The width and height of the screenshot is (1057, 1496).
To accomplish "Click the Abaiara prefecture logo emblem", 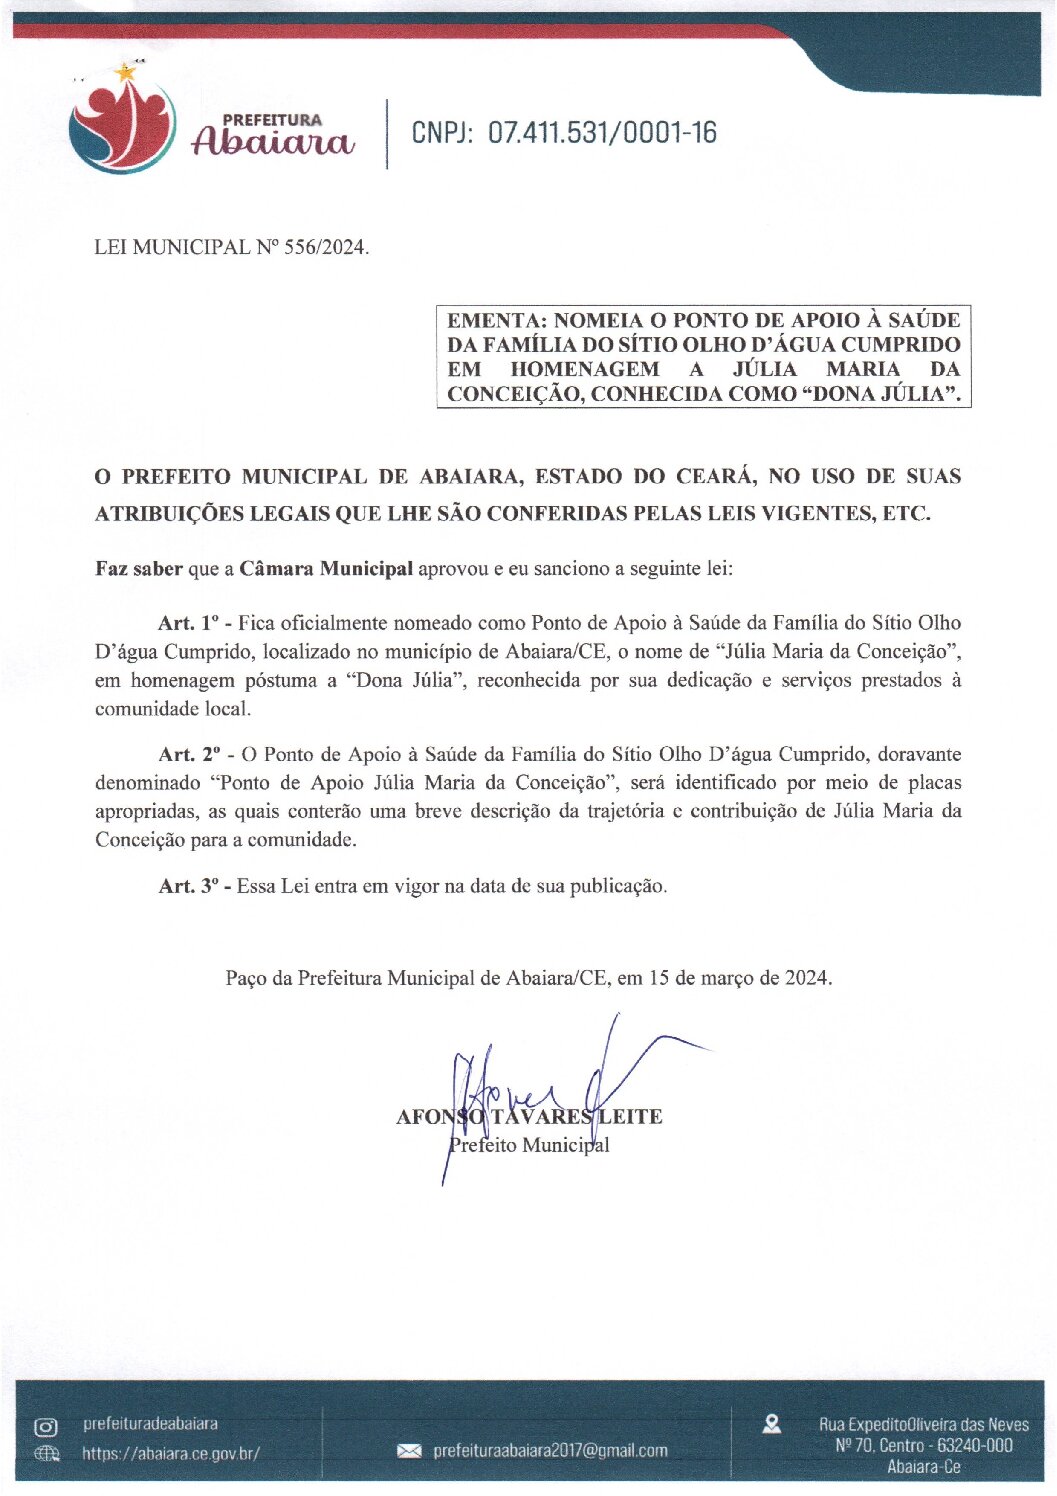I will [x=121, y=126].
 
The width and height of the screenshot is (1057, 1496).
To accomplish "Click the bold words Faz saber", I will [x=139, y=569].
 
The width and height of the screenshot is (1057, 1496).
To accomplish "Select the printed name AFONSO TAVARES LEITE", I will [x=529, y=1117].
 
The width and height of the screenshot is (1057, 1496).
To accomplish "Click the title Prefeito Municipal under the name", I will [x=529, y=1145].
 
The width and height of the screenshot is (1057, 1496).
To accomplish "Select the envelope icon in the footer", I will [x=409, y=1451].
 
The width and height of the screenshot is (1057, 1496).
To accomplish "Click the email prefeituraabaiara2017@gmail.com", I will [x=550, y=1451].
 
